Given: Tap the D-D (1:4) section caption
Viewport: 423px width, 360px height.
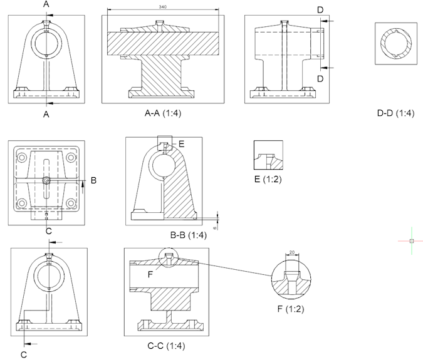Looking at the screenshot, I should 395,113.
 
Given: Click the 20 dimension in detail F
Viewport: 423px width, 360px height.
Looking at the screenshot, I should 291,252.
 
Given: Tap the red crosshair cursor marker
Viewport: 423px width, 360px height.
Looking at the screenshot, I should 411,240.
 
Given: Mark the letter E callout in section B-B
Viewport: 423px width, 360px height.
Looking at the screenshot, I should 181,143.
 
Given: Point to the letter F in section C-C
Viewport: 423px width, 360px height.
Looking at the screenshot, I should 150,274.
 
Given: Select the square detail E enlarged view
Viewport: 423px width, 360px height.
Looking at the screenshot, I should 268,155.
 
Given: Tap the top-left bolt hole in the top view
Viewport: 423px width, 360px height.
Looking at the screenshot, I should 22,158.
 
